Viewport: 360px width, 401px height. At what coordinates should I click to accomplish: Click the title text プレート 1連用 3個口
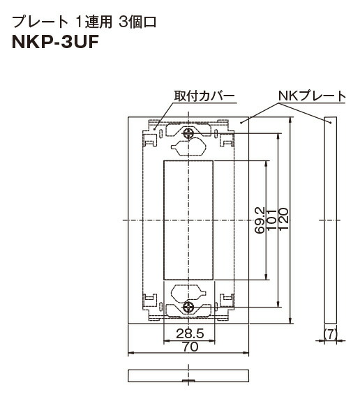coord(84,21)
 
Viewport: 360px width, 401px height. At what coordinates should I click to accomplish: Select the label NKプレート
coord(312,96)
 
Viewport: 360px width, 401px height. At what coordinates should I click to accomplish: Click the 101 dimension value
coord(272,220)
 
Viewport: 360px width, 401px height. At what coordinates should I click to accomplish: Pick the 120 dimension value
coord(284,220)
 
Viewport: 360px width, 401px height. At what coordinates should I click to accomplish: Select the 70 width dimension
coord(188,346)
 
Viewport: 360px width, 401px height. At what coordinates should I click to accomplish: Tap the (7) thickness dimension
coord(330,334)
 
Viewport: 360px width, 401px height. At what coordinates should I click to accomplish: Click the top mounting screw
coord(188,133)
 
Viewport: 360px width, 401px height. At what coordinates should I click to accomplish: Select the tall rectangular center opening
coord(188,220)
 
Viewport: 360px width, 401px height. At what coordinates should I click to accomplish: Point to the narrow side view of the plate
coord(330,220)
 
